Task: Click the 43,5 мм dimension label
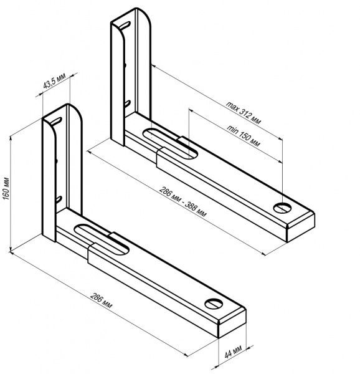click(54, 81)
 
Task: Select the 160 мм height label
click(6, 189)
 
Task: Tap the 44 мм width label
click(233, 352)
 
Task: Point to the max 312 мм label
click(244, 113)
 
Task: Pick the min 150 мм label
click(244, 135)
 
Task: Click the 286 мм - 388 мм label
click(182, 202)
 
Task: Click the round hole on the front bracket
click(214, 304)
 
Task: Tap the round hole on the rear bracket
click(282, 208)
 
